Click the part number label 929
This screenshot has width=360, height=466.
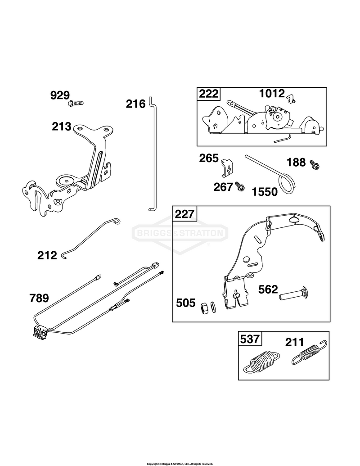click(x=60, y=95)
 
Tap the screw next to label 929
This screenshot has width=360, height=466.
click(x=76, y=103)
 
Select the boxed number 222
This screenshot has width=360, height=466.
click(x=208, y=94)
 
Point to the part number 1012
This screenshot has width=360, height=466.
click(x=272, y=94)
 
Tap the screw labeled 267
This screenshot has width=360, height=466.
click(x=240, y=187)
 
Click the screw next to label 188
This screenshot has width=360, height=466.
click(x=314, y=165)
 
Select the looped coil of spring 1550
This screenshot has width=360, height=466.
click(x=287, y=184)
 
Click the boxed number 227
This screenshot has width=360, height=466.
click(x=184, y=214)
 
